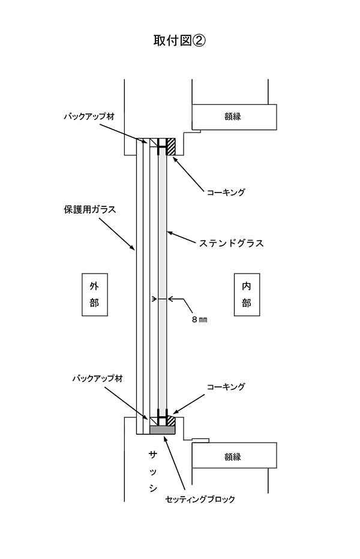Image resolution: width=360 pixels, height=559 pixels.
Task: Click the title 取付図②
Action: [180, 41]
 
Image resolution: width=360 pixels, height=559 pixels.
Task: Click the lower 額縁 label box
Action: [234, 455]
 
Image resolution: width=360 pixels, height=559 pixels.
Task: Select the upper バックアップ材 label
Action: [89, 116]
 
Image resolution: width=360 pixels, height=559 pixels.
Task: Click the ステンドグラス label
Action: [232, 244]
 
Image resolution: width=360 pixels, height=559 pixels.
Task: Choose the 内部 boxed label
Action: [247, 294]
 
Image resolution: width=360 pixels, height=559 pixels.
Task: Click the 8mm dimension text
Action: [198, 320]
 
